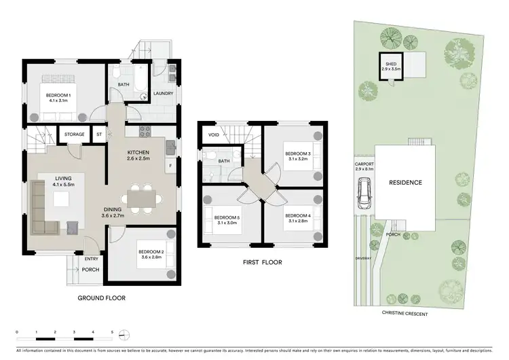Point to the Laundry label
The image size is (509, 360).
164,94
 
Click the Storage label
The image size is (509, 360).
75,134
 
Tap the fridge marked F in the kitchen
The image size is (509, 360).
170,164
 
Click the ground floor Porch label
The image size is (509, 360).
91,269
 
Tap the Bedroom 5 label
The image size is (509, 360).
219,219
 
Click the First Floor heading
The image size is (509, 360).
261,262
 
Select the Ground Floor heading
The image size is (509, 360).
102,298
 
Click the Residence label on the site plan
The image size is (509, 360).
405,182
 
